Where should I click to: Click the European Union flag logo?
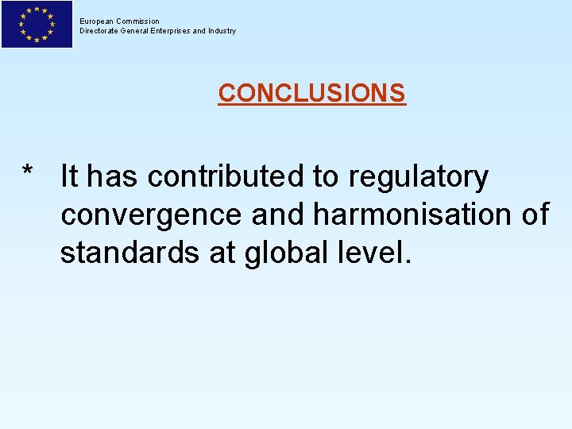(x=37, y=25)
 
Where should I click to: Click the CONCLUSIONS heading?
(x=311, y=93)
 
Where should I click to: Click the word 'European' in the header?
(x=97, y=21)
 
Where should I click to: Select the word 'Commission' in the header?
(x=138, y=21)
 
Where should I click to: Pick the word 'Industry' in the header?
(x=222, y=31)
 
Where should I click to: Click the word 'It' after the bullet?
(x=69, y=176)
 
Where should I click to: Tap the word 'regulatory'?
(x=418, y=178)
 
